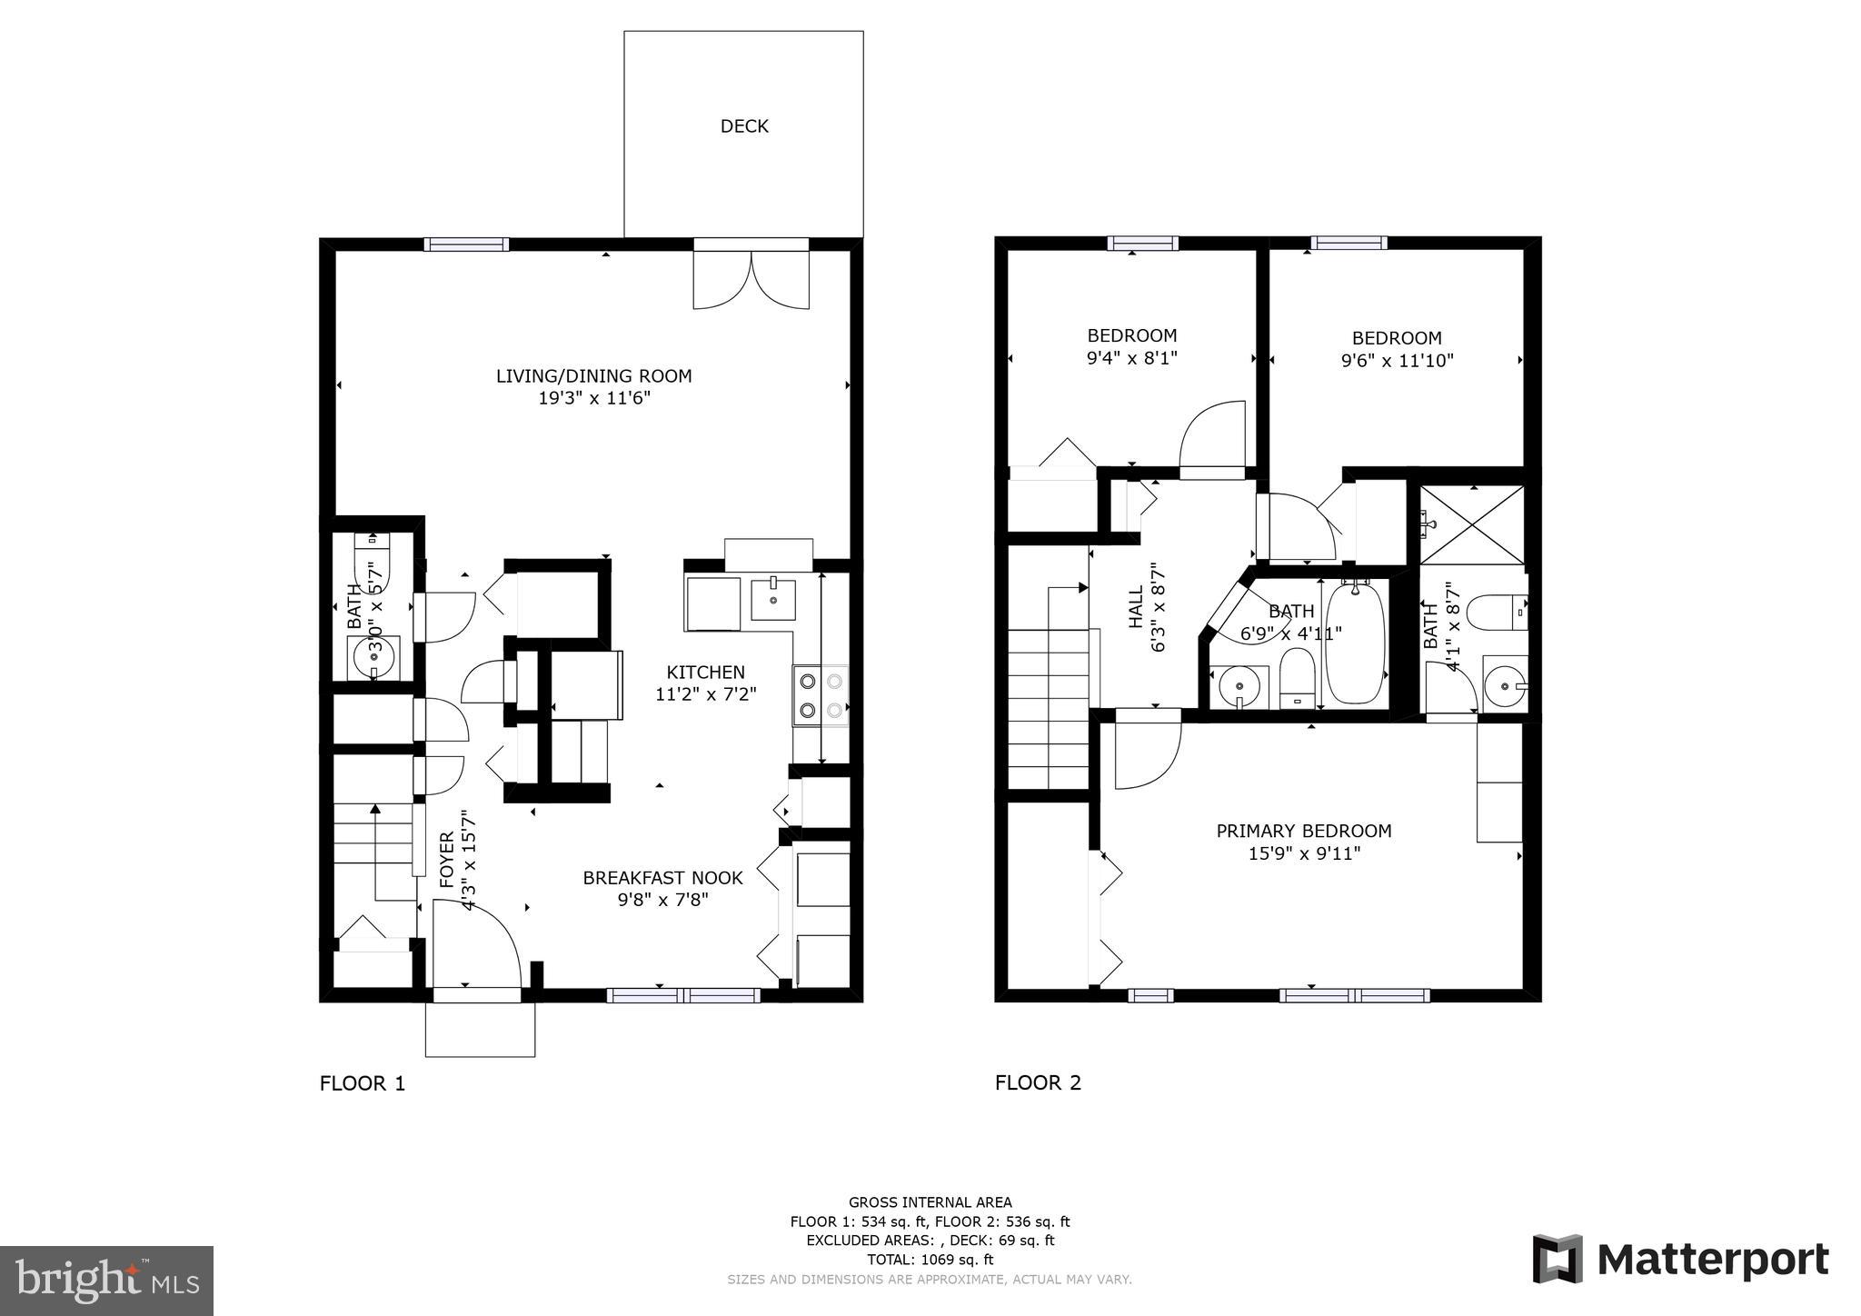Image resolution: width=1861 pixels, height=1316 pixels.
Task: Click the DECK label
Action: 744,126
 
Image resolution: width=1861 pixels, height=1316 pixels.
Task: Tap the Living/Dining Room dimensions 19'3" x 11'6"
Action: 594,398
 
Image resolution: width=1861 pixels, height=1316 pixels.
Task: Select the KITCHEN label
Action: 705,673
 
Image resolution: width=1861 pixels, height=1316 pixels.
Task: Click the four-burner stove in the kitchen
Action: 821,695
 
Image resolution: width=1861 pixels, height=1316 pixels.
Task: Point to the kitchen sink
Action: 773,600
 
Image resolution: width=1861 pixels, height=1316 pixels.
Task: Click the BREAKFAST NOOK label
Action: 662,878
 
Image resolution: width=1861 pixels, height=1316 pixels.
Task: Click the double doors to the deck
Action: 751,278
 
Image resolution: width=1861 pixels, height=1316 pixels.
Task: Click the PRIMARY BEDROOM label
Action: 1303,831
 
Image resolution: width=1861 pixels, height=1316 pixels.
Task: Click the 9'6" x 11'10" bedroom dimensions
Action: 1397,361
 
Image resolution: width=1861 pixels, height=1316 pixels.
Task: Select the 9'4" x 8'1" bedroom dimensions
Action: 1131,358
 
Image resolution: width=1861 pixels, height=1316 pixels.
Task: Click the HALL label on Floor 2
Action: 1137,607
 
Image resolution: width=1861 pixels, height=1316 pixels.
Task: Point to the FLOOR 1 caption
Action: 362,1083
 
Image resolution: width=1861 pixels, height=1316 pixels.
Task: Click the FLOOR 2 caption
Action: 1038,1082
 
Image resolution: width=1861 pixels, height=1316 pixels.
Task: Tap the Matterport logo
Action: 1680,1260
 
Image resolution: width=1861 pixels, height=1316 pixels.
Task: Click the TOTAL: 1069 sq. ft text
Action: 930,1260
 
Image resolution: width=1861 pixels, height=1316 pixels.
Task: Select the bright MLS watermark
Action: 106,1281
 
